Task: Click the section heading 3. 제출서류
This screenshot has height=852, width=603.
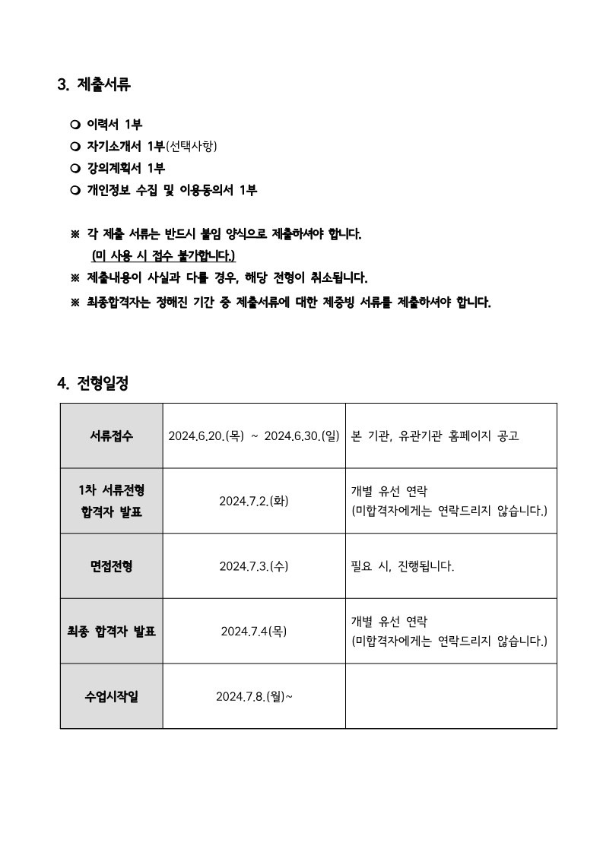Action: click(94, 85)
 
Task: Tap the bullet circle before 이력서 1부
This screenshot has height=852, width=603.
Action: click(75, 125)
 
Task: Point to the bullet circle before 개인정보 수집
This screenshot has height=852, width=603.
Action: click(75, 191)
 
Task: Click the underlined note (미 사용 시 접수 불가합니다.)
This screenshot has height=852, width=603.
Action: click(163, 255)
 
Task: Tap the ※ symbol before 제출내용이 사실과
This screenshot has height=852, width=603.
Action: click(75, 277)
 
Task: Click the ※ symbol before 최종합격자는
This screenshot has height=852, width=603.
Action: click(75, 302)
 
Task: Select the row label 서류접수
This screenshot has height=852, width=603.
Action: click(111, 436)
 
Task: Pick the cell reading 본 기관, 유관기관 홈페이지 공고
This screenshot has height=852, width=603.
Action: click(435, 436)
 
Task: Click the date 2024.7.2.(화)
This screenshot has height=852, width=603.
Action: click(254, 502)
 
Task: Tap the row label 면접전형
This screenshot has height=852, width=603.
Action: click(111, 566)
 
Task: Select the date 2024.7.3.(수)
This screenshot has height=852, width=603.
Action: click(254, 566)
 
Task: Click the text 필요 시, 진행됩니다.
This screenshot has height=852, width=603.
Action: click(402, 566)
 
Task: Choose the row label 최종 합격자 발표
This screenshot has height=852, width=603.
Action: click(111, 631)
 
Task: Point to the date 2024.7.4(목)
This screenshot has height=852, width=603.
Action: click(254, 631)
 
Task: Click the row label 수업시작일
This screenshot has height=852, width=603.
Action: click(111, 696)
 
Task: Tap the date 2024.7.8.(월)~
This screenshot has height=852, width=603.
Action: click(254, 696)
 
